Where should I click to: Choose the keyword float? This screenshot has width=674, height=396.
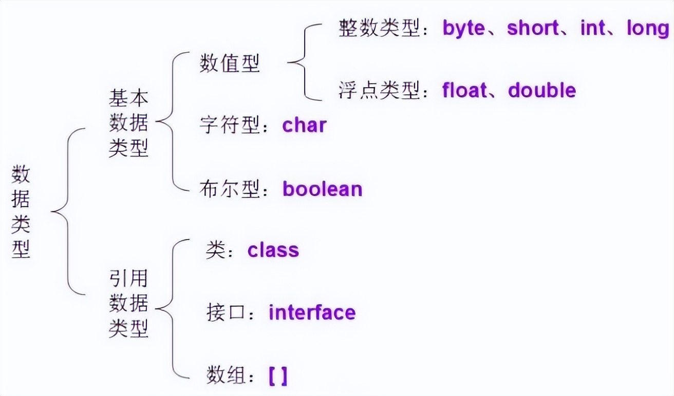click(x=464, y=90)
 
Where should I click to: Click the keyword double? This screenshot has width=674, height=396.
click(x=542, y=90)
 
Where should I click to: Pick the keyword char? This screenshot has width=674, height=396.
click(x=304, y=125)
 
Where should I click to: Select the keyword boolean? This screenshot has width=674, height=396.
click(x=322, y=189)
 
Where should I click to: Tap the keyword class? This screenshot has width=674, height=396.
click(x=273, y=250)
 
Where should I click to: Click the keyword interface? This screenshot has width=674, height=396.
click(x=312, y=312)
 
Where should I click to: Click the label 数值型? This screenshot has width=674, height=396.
click(x=230, y=64)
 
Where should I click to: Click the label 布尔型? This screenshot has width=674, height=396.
click(x=230, y=189)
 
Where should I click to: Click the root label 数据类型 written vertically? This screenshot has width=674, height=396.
click(x=21, y=211)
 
